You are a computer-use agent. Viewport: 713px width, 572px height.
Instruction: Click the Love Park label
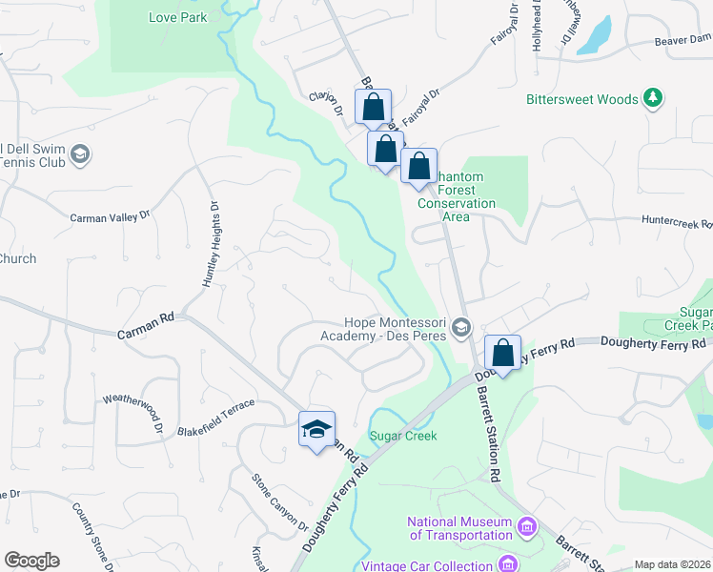[178, 17]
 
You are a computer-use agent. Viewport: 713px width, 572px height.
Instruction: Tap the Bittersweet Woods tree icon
[653, 98]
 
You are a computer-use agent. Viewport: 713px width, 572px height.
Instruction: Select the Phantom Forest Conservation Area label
[458, 195]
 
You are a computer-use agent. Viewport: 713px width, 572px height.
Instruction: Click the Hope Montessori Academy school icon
[461, 329]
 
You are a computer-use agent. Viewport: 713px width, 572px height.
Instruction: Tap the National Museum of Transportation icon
[525, 527]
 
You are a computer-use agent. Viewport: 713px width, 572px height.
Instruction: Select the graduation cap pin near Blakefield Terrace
[316, 430]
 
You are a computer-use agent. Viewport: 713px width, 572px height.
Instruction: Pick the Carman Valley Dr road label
[110, 217]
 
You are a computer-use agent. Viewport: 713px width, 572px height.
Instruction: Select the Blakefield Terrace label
[215, 419]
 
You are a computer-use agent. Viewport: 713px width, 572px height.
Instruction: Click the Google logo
[31, 561]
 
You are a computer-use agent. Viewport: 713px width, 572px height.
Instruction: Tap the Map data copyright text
[672, 564]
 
